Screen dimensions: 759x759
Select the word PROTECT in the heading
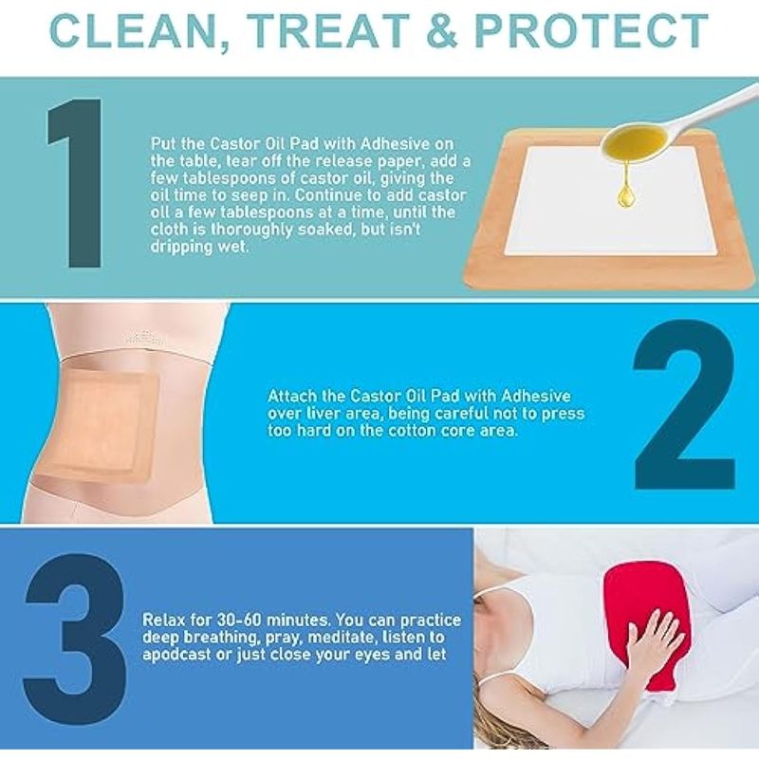pos(591,30)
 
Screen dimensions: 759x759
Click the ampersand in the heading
pos(441,30)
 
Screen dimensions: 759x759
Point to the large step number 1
pos(77,183)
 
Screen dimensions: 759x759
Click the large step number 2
pos(684,404)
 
